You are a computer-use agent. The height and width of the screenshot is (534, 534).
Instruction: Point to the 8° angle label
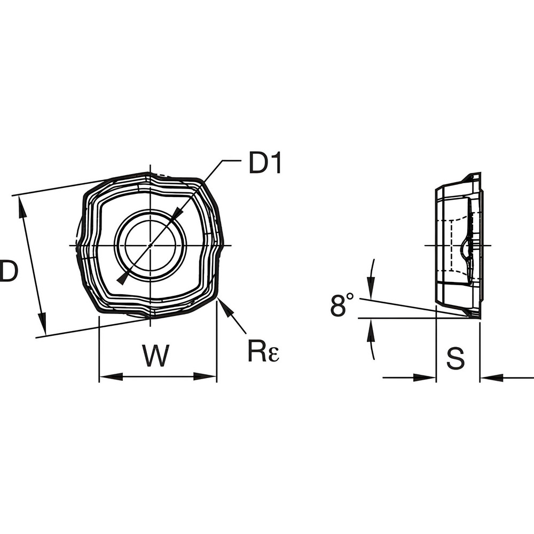[x=342, y=306]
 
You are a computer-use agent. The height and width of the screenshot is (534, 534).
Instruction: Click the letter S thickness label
[x=456, y=359]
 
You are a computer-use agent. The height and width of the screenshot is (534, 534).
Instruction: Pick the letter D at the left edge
[x=9, y=271]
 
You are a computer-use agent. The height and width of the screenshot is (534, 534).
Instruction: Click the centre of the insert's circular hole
[x=151, y=245]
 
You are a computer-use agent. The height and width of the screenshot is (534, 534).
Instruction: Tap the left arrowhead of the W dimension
[x=106, y=376]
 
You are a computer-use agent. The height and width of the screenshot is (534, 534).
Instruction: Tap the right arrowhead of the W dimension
[x=210, y=376]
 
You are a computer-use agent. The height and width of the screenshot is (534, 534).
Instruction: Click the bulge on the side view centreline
[x=464, y=247]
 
